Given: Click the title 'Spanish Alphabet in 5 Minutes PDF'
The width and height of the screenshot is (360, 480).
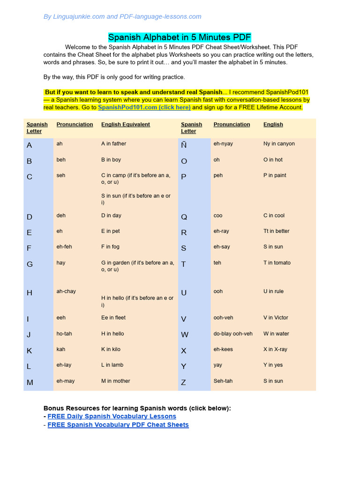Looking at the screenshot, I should [x=180, y=37].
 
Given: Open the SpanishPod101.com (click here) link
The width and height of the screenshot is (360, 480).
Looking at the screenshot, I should [x=144, y=107].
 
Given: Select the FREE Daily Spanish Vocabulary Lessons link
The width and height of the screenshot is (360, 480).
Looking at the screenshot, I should [x=112, y=416].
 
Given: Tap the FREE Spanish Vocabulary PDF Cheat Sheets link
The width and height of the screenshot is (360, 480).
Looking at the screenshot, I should [x=118, y=425].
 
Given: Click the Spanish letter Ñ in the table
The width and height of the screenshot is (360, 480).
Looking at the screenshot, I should [x=184, y=145].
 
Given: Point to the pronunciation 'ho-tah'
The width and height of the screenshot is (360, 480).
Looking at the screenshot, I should [x=64, y=334].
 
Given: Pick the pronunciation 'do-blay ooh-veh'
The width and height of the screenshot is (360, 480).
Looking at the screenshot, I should [x=233, y=334].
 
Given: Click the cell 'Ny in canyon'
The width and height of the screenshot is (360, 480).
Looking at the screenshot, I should [x=279, y=144].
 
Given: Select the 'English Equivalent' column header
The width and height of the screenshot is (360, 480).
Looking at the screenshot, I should [x=126, y=125].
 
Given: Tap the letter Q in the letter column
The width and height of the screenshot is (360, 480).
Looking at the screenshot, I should [x=184, y=217].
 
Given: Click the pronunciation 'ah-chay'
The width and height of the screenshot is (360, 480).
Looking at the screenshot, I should [x=66, y=291].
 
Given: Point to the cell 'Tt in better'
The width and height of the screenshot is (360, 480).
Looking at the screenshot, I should [x=276, y=231].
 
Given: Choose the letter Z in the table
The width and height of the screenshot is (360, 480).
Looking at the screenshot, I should [x=183, y=382].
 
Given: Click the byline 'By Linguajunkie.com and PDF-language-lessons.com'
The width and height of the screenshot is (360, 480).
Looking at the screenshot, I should [x=122, y=17].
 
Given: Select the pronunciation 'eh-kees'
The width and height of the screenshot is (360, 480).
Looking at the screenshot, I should [x=223, y=349].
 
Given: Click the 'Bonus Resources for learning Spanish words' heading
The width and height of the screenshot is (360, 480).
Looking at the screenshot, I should [x=137, y=408].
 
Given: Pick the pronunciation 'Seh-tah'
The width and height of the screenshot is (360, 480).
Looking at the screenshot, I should [x=223, y=381].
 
